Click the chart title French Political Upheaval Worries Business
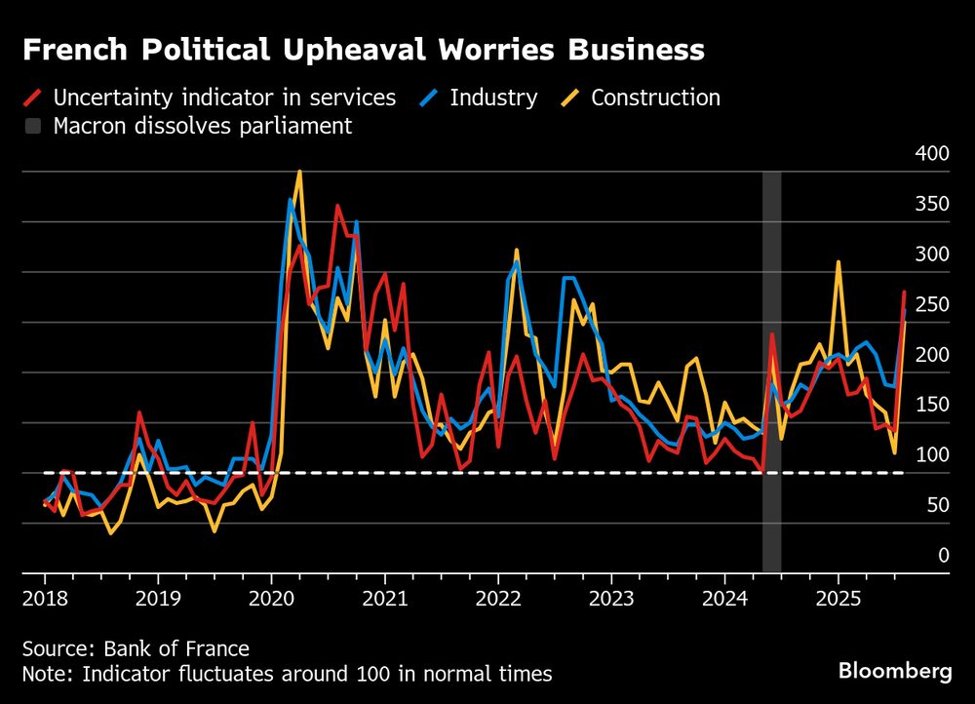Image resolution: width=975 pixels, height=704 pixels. click(x=363, y=50)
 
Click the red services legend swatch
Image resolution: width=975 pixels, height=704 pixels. click(x=32, y=98)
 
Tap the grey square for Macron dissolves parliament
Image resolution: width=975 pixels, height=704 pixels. click(x=32, y=126)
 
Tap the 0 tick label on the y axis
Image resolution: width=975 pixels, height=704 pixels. click(x=942, y=555)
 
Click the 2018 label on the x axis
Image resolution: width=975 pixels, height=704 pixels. click(x=44, y=597)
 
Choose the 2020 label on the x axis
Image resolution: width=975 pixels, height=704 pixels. click(x=271, y=597)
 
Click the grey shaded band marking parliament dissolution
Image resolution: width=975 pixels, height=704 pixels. click(x=771, y=390)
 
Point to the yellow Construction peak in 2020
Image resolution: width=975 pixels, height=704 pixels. click(x=299, y=172)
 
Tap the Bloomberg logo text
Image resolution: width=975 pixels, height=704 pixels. click(x=895, y=671)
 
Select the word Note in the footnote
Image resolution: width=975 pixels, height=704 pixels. click(x=43, y=673)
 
